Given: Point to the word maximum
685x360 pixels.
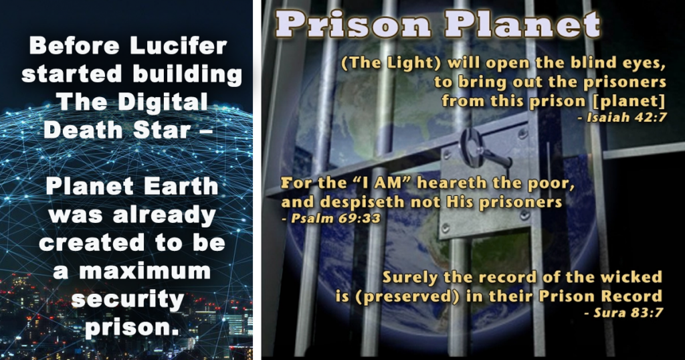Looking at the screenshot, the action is tap(145, 271).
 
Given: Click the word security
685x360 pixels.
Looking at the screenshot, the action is tap(128, 300).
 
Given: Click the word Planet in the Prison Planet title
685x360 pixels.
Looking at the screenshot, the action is tap(522, 25).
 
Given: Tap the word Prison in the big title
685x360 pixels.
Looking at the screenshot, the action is tap(353, 25).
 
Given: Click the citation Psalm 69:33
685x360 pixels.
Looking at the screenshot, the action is tap(330, 218).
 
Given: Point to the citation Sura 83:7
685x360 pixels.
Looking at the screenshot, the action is tap(623, 312).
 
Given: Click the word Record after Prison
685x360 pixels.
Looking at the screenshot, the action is tap(632, 296).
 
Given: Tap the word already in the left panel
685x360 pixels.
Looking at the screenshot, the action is tap(164, 215).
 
